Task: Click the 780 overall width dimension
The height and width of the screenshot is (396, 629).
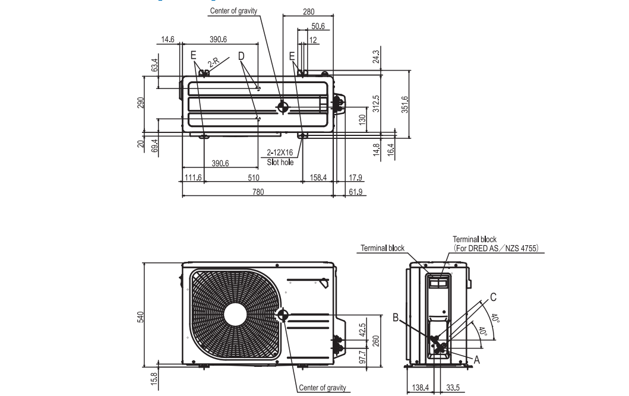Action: point(258,191)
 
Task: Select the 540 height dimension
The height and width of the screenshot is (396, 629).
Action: point(141,318)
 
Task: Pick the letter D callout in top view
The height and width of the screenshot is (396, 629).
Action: point(242,55)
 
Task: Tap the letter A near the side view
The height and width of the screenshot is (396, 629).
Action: point(476,359)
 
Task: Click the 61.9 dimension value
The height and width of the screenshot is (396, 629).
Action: point(356,191)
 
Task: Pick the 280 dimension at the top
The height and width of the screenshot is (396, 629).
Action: point(308,11)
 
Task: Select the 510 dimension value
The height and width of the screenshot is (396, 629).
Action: point(254,178)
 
